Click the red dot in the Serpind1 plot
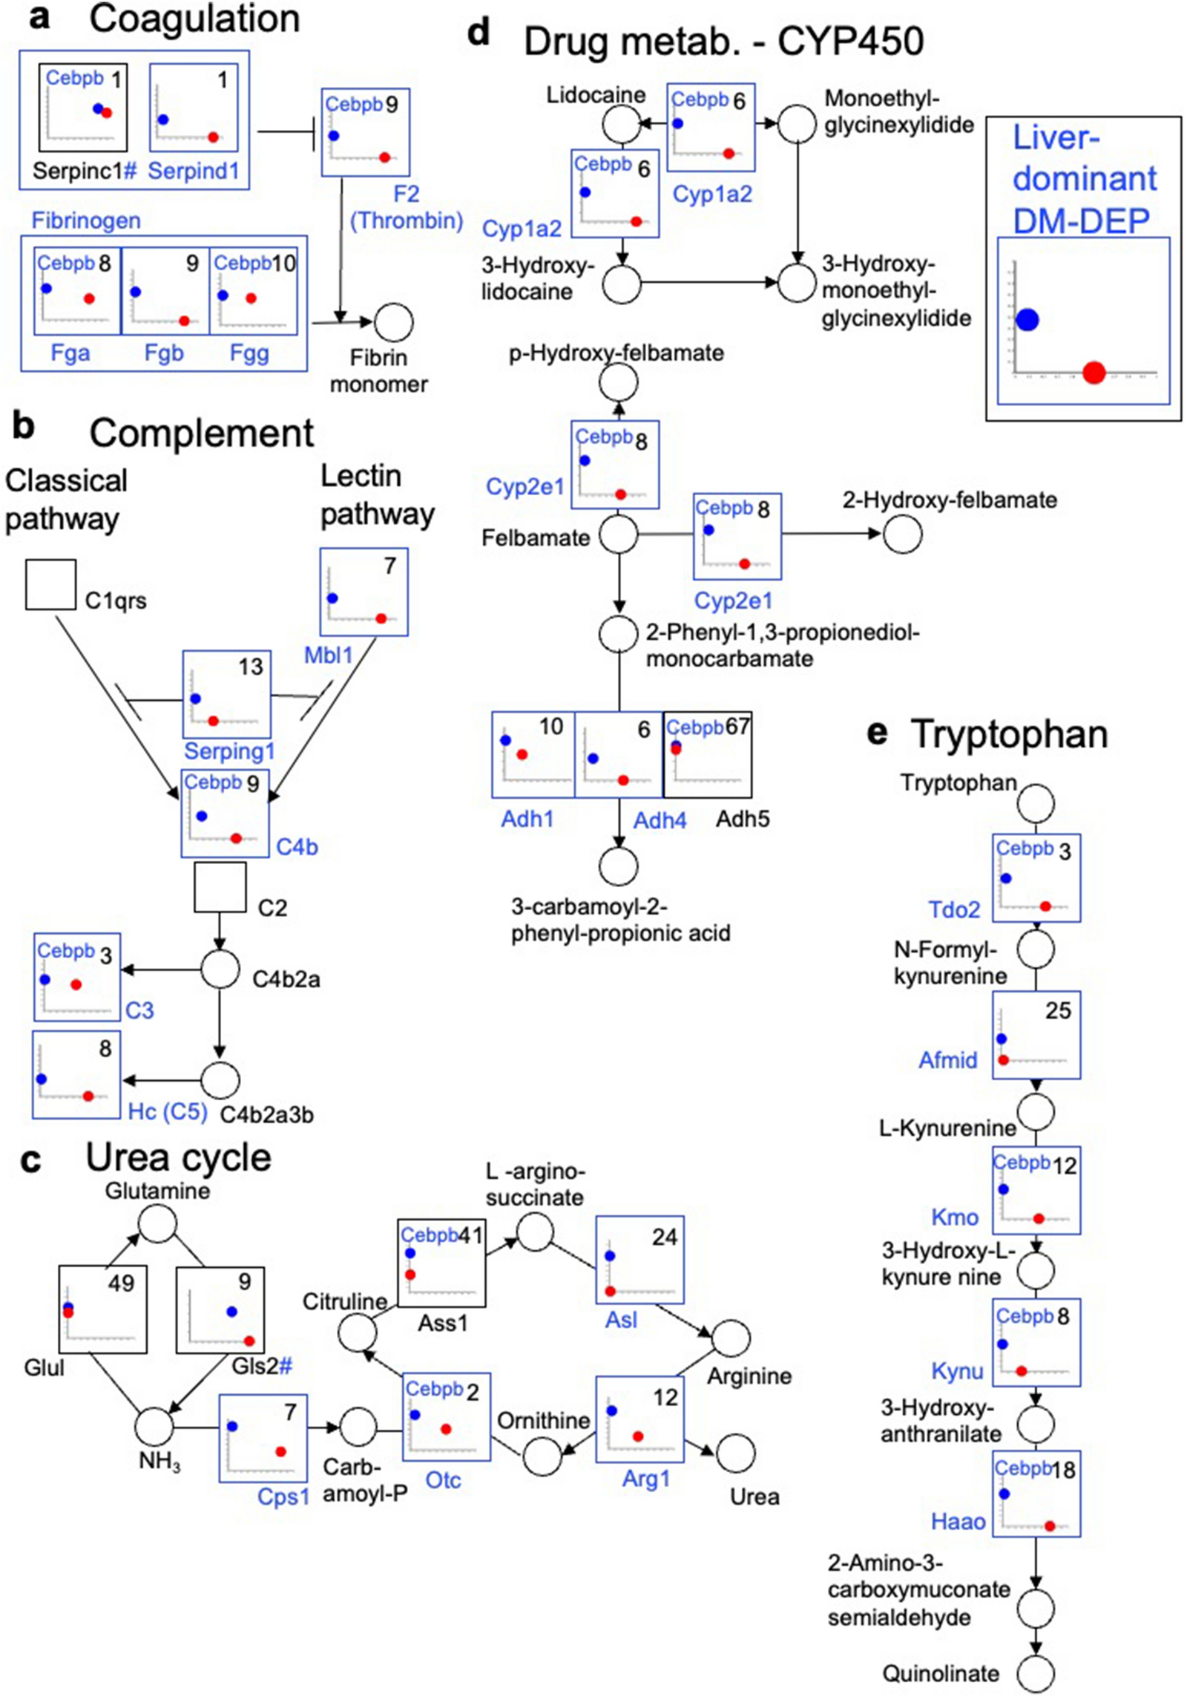click(213, 137)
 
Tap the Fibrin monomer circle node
click(393, 322)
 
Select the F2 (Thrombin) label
click(406, 207)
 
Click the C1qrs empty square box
click(50, 584)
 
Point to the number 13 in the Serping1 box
click(250, 667)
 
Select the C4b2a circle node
click(220, 969)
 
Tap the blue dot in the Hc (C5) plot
click(41, 1079)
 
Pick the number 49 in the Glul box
click(121, 1283)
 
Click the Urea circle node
click(735, 1453)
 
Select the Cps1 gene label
click(283, 1496)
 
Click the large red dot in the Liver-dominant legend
click(1094, 372)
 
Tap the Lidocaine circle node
click(621, 124)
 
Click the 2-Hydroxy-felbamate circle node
click(902, 534)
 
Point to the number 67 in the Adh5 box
click(737, 726)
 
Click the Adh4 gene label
click(660, 820)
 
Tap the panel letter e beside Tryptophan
click(877, 733)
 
